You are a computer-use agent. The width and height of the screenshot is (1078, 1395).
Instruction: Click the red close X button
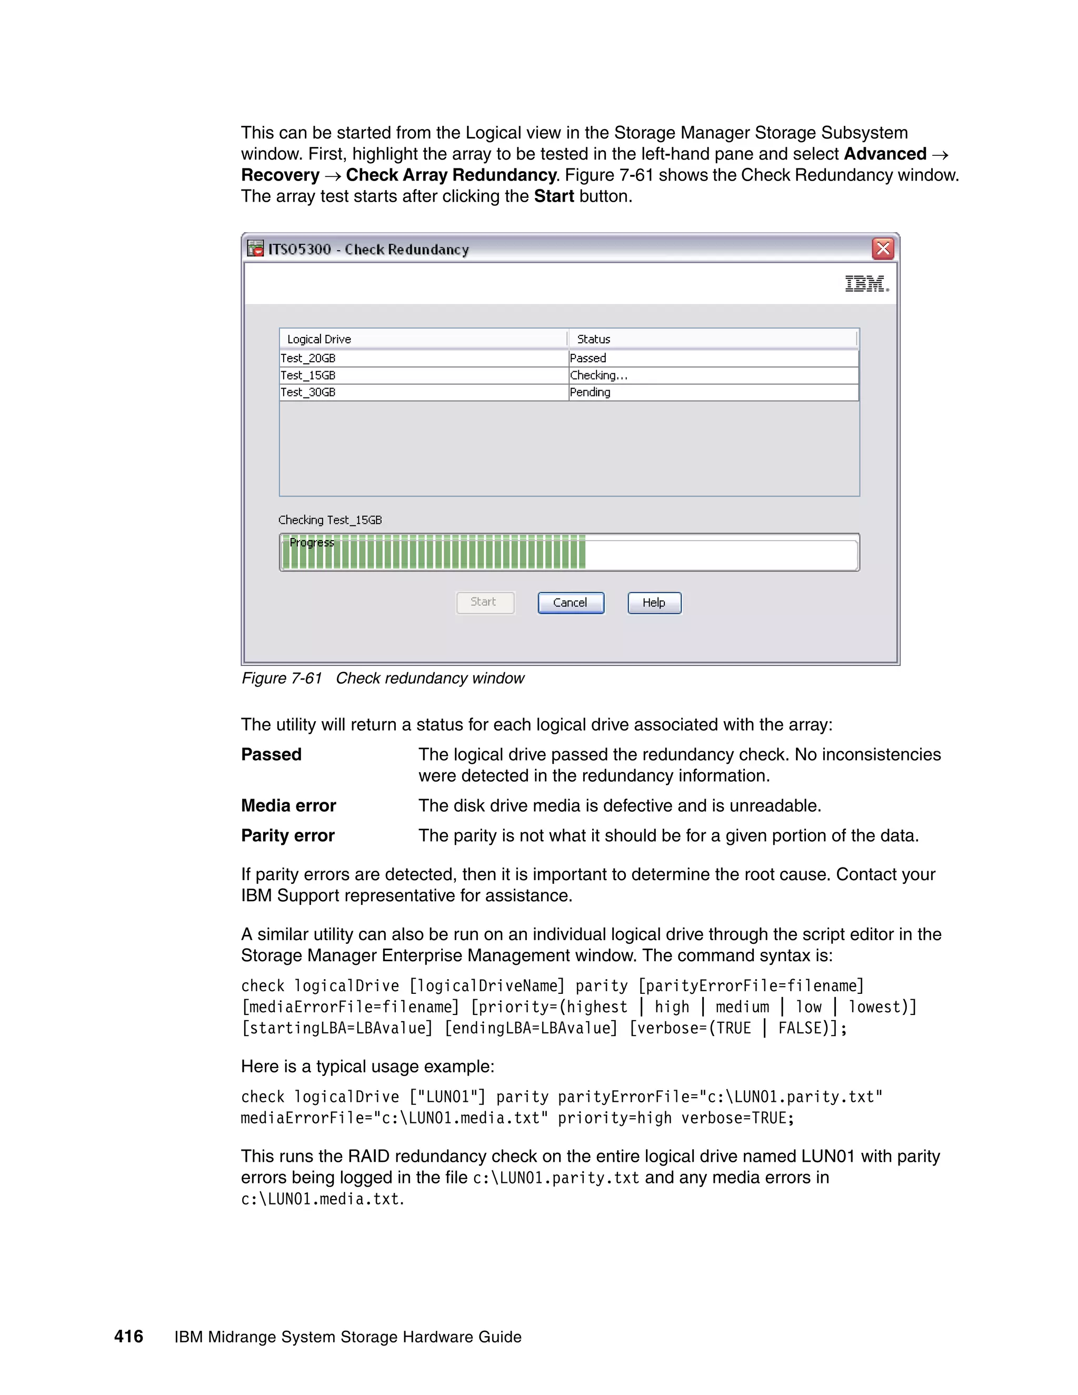[883, 248]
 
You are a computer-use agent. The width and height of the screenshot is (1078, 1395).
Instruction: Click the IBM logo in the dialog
[866, 284]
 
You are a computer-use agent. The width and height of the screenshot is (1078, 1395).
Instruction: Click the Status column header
[593, 339]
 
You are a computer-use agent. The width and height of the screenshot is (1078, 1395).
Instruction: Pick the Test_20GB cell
[308, 358]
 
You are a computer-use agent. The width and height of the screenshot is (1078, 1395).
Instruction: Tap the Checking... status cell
[598, 375]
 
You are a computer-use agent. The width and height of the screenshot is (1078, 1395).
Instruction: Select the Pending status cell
[590, 392]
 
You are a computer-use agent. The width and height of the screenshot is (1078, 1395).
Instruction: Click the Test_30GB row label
[308, 392]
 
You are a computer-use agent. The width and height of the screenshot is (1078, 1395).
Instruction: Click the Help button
[654, 602]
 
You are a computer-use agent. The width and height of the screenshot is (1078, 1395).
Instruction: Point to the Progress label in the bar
[312, 543]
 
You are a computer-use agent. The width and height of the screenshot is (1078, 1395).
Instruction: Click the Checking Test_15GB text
[330, 520]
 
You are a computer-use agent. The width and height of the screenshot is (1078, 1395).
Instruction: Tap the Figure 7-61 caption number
[282, 679]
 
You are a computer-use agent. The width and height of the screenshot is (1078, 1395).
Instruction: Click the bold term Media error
[288, 805]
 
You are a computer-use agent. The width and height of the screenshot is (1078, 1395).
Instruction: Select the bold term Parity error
[287, 835]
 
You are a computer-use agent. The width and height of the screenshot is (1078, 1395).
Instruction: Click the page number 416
[128, 1336]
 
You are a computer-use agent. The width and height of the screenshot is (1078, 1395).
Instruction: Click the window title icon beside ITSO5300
[255, 248]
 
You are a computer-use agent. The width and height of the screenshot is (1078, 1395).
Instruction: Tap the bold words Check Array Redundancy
[451, 175]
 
